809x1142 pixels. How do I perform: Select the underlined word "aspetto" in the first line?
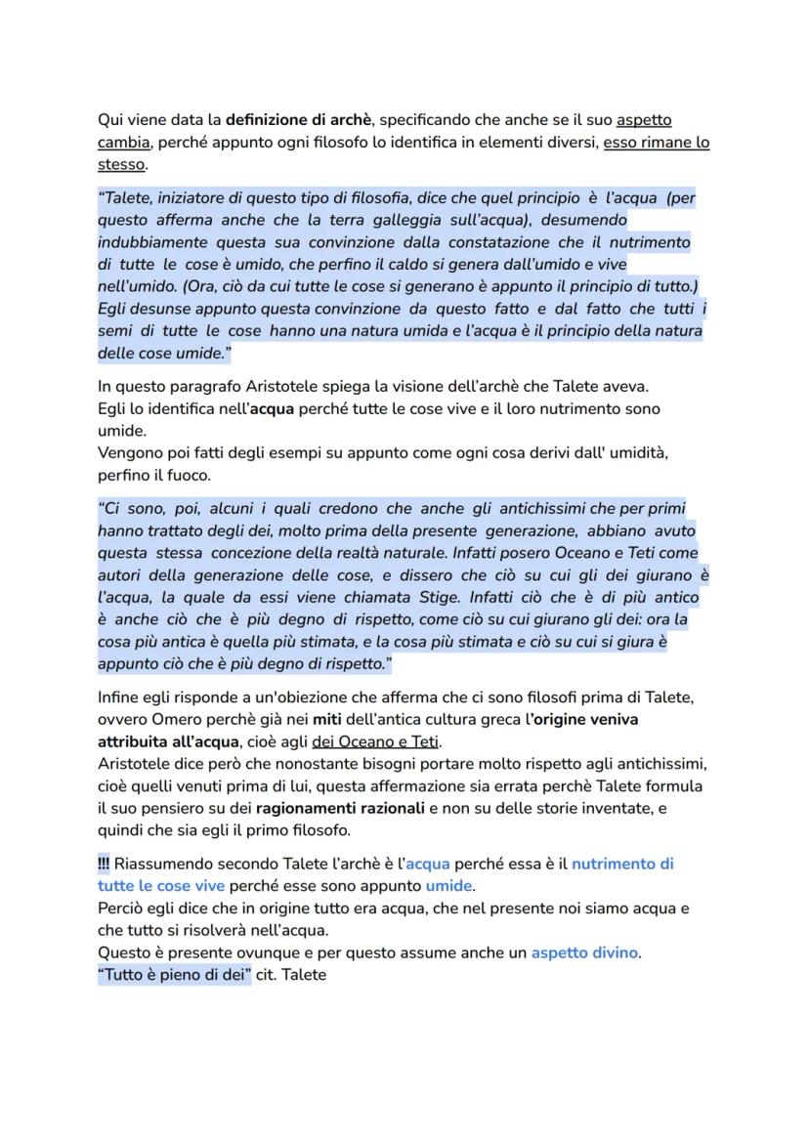(644, 121)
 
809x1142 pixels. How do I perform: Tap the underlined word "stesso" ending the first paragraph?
(120, 164)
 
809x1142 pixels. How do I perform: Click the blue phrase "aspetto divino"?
(585, 952)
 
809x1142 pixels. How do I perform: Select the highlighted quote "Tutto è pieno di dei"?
(174, 974)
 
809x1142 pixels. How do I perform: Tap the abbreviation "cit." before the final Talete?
(269, 974)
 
